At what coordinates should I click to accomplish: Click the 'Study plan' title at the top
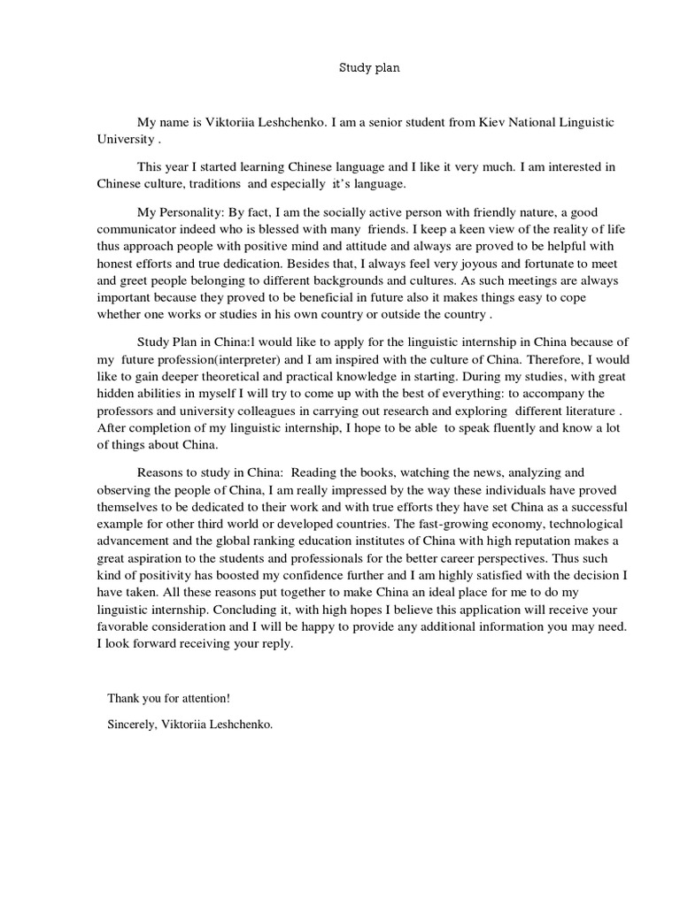click(371, 69)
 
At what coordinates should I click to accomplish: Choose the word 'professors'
click(126, 412)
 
